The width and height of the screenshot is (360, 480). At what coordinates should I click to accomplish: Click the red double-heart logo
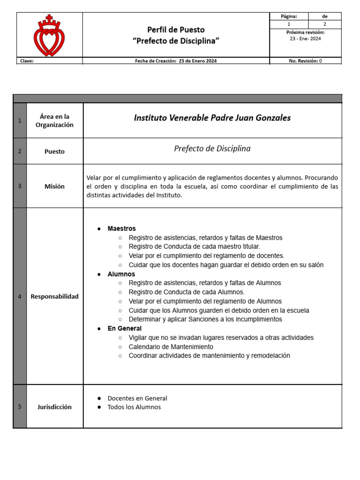click(x=49, y=36)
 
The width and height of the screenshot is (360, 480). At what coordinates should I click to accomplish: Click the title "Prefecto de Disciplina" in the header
click(x=176, y=41)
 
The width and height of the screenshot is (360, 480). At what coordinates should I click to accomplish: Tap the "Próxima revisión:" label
click(x=305, y=32)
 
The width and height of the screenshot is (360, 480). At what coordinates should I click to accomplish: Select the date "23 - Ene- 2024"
click(x=305, y=39)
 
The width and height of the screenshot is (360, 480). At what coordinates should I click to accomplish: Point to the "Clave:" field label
click(x=27, y=61)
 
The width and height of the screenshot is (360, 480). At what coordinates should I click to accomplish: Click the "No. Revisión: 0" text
click(x=305, y=61)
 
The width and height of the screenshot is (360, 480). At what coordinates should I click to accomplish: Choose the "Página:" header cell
click(x=289, y=16)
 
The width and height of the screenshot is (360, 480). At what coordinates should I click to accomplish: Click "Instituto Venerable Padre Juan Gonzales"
click(x=212, y=118)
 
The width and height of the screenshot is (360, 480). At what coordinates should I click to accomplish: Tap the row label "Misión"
click(x=54, y=186)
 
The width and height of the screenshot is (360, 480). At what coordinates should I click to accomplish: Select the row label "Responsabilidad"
click(x=54, y=297)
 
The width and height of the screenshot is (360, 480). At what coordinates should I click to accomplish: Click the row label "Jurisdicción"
click(x=54, y=407)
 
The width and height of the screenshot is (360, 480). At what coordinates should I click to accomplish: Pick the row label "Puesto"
click(x=54, y=151)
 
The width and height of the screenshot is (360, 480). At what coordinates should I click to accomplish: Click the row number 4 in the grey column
click(x=20, y=297)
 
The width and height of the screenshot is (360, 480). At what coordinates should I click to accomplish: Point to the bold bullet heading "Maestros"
click(x=121, y=229)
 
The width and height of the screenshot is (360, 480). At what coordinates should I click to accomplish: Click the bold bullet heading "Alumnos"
click(x=121, y=274)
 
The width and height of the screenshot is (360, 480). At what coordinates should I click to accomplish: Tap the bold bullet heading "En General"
click(x=124, y=329)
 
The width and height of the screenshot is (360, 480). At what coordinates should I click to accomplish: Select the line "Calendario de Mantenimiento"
click(x=171, y=347)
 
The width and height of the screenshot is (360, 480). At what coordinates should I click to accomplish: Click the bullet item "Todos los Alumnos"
click(x=134, y=407)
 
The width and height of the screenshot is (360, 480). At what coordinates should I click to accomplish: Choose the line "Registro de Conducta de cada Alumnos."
click(x=187, y=292)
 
